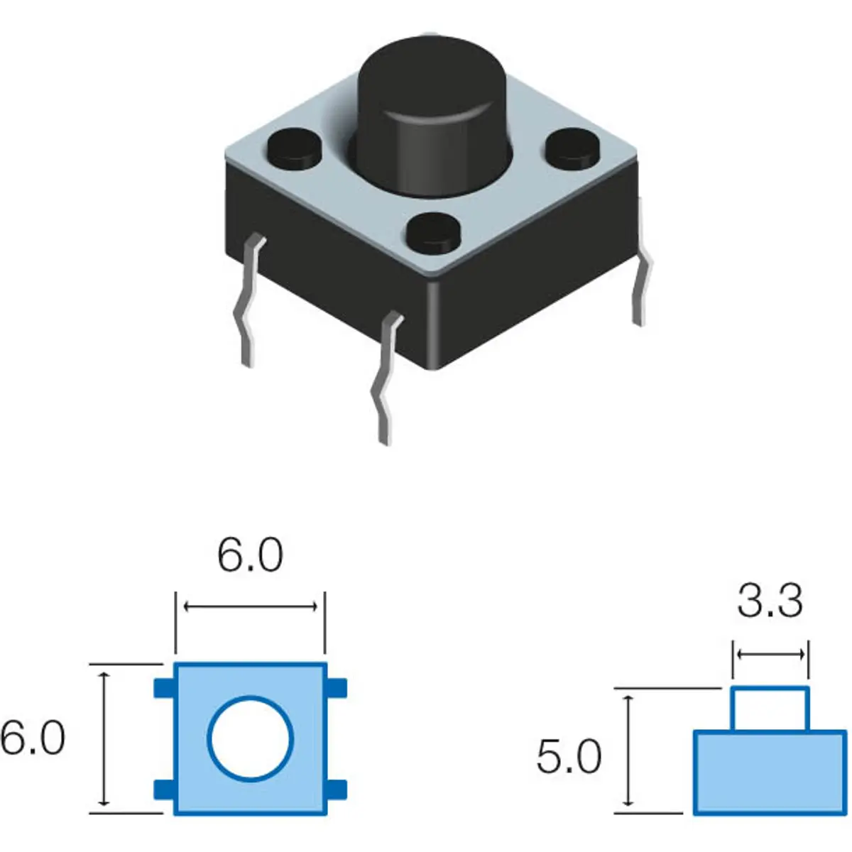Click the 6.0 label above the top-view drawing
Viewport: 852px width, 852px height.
(250, 555)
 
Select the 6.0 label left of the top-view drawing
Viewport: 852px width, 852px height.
(33, 738)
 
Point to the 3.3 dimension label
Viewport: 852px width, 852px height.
(770, 601)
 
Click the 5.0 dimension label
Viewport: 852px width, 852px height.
(569, 756)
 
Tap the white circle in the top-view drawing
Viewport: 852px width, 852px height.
(250, 738)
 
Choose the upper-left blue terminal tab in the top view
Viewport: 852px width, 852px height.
(164, 687)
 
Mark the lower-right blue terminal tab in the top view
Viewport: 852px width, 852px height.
(337, 789)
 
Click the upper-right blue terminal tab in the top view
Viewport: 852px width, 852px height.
(337, 687)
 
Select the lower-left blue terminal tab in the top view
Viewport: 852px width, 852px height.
(164, 789)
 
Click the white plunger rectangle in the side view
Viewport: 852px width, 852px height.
(770, 709)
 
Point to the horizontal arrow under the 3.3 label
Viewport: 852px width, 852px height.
(770, 654)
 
